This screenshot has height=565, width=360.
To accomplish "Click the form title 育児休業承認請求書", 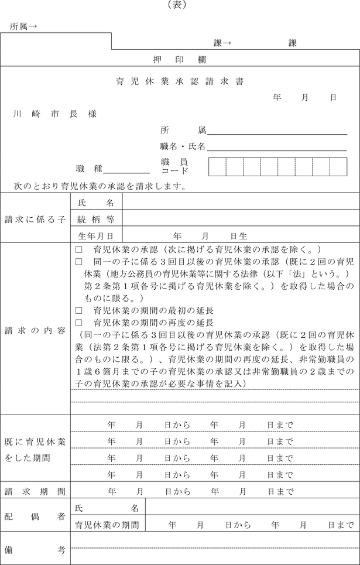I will pyautogui.click(x=180, y=81).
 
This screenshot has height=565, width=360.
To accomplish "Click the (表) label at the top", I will pyautogui.click(x=180, y=5).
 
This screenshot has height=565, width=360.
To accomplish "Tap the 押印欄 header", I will pyautogui.click(x=179, y=60).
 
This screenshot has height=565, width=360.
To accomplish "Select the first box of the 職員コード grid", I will pyautogui.click(x=217, y=166).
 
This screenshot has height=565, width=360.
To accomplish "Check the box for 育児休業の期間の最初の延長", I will pyautogui.click(x=79, y=310).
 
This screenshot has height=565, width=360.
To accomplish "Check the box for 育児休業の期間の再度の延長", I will pyautogui.click(x=79, y=323).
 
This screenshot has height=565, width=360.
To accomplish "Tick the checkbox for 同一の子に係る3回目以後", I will pyautogui.click(x=79, y=261).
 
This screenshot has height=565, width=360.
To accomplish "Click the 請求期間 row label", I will pyautogui.click(x=35, y=491).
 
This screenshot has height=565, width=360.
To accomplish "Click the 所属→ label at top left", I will pyautogui.click(x=24, y=26).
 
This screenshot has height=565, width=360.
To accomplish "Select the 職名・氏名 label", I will pyautogui.click(x=182, y=146).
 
